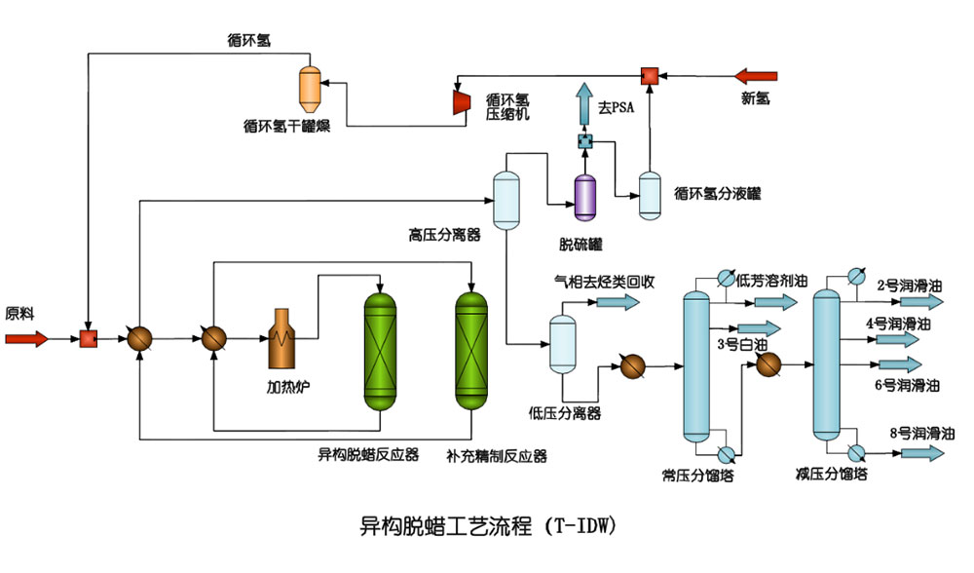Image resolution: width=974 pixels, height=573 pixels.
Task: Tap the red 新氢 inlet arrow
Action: [x=756, y=75]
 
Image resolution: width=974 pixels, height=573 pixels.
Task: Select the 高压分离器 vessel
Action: [x=505, y=199]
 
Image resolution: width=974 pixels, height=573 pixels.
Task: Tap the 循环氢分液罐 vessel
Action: [x=650, y=194]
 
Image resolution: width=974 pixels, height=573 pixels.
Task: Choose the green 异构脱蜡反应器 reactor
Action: [x=380, y=350]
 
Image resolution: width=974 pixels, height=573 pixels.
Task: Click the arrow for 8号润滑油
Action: [x=921, y=453]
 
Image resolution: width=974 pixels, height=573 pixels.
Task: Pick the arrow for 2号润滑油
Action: [x=921, y=302]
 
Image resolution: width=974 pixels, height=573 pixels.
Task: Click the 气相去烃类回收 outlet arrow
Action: [x=615, y=302]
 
